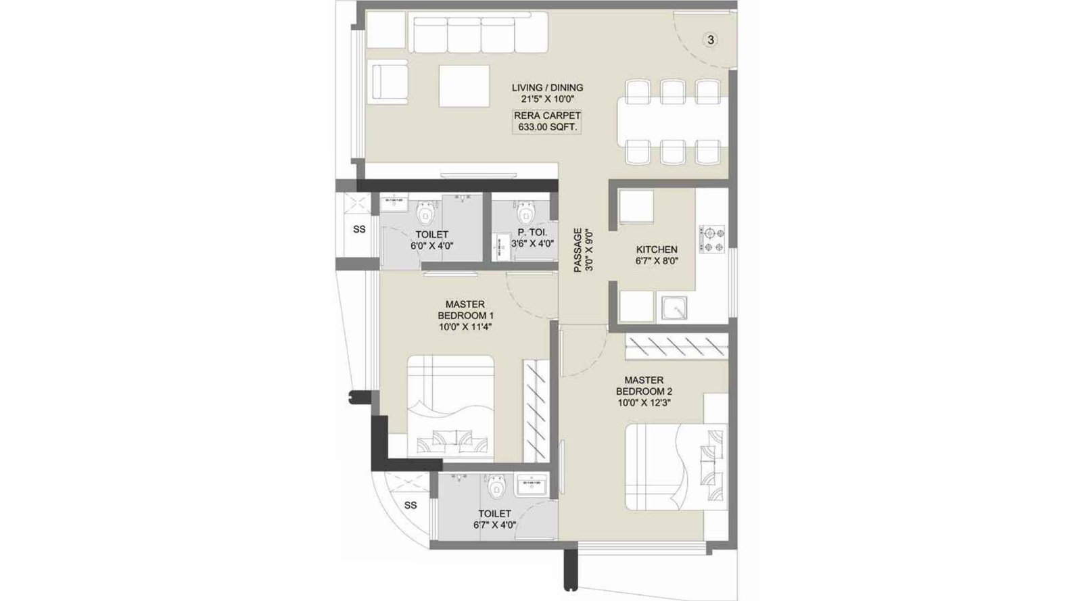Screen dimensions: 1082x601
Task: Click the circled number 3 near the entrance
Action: point(710,40)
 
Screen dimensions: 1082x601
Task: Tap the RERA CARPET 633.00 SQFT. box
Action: point(547,122)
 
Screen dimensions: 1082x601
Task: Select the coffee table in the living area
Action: point(464,86)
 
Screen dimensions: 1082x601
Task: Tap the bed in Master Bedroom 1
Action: point(450,407)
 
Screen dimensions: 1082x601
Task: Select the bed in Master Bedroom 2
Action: point(676,466)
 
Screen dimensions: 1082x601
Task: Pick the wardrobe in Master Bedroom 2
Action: point(676,347)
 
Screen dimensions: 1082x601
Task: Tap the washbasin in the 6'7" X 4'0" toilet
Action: point(532,485)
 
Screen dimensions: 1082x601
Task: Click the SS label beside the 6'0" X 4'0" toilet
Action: point(359,230)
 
